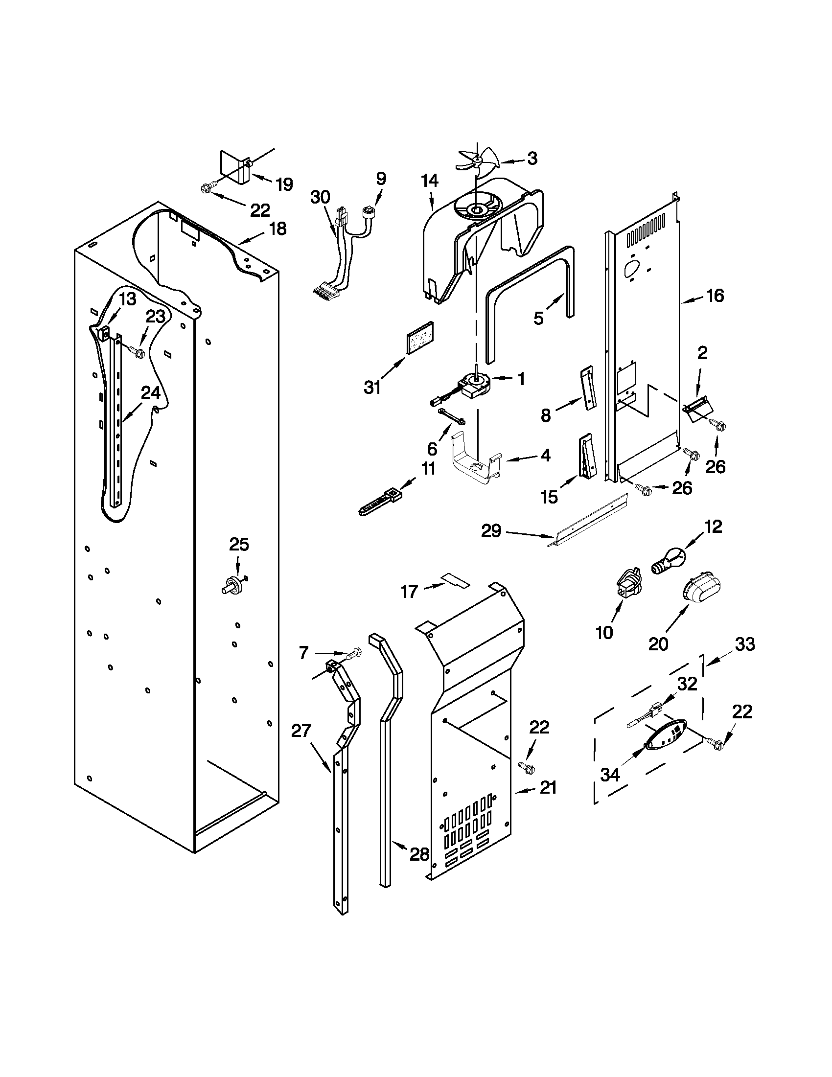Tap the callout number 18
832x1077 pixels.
(x=277, y=229)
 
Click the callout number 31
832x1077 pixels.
(x=372, y=387)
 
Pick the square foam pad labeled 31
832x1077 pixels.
(x=420, y=337)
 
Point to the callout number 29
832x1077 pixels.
(x=491, y=531)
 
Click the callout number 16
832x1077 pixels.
(x=715, y=296)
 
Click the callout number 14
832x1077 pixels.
(x=430, y=181)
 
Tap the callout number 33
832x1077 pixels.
(x=745, y=644)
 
